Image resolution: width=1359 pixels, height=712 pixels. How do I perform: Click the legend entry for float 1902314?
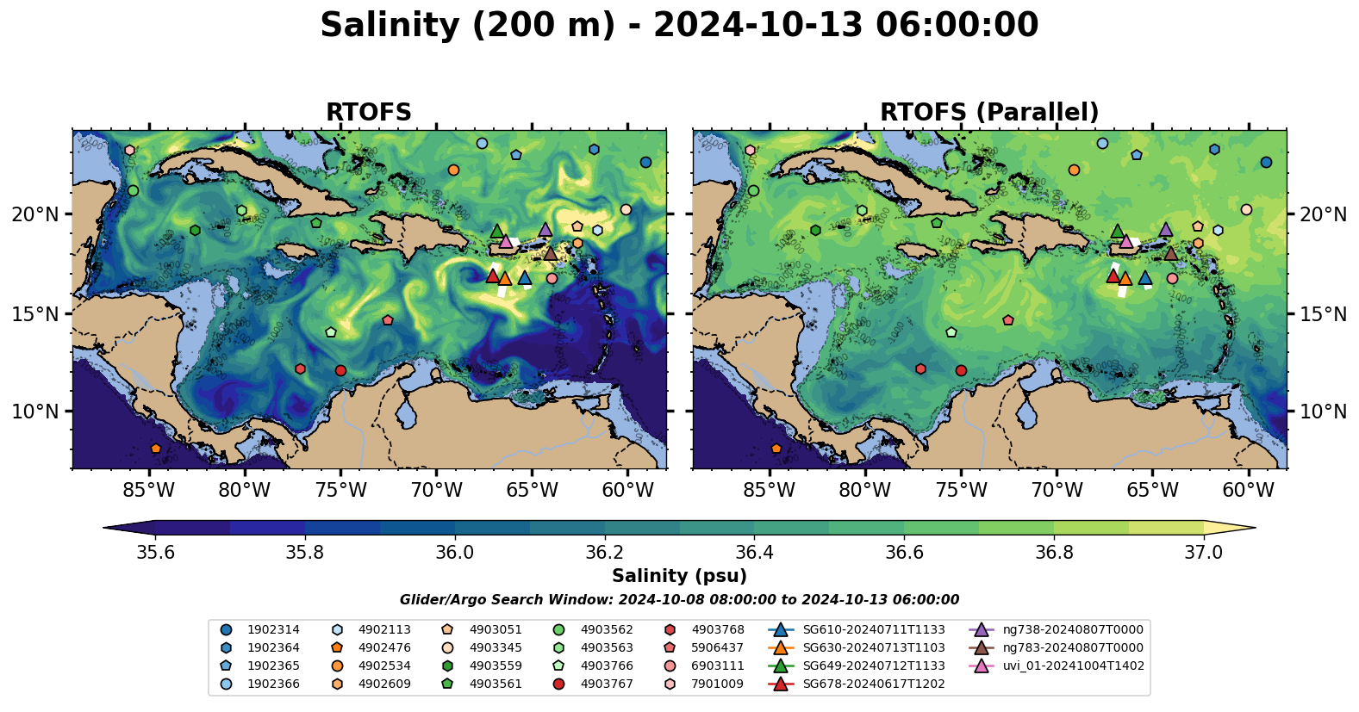point(273,630)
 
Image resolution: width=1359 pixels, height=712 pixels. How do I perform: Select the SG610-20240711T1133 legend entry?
point(873,630)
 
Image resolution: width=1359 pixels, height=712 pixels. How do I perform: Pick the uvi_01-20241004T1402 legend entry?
point(1073,666)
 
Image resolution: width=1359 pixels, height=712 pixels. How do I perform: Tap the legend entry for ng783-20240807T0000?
point(1073,647)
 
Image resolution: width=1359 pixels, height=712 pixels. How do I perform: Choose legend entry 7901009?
point(717,684)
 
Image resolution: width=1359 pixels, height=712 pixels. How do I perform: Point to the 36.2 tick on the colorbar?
point(604,552)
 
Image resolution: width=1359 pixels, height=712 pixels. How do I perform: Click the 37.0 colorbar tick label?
point(1203,552)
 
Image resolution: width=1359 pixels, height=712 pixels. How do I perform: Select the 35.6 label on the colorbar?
point(155,552)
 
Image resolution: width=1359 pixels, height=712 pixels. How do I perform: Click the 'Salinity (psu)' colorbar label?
point(679,576)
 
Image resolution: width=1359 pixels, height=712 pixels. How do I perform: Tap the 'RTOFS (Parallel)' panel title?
point(989,113)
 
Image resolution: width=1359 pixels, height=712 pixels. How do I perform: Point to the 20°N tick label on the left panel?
point(35,214)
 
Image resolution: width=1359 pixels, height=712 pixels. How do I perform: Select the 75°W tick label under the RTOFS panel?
point(340,491)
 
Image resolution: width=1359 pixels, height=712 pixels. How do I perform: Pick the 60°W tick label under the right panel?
point(1248,491)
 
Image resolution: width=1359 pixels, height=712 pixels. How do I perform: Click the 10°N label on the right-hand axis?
point(1323,412)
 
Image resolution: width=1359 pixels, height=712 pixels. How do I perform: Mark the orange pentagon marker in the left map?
point(155,449)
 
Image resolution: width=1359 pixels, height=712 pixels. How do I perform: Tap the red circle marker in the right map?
point(961,371)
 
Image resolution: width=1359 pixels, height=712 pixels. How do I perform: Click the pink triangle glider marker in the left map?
point(506,241)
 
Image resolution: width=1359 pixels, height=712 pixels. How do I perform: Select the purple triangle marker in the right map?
point(1166,230)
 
